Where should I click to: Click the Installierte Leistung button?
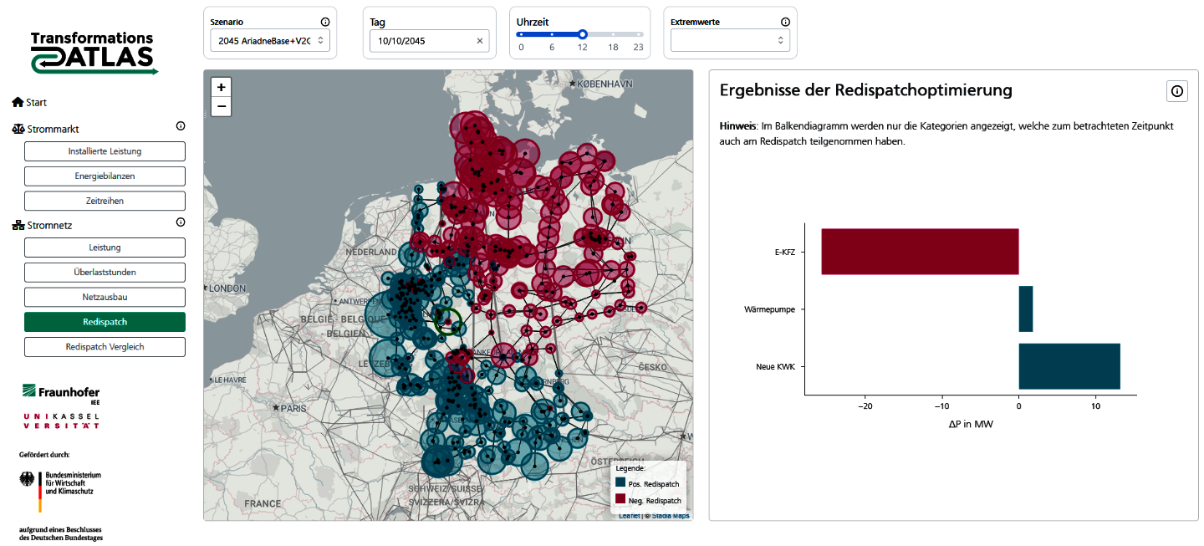click(105, 151)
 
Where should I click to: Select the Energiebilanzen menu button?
click(105, 176)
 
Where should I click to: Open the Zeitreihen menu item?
click(105, 201)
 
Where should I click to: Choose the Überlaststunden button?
click(105, 272)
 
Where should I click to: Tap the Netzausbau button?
click(105, 297)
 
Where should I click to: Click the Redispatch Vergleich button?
click(105, 346)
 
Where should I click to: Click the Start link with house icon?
click(30, 102)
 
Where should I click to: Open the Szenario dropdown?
click(269, 40)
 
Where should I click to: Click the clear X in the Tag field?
click(480, 40)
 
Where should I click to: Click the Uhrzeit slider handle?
click(583, 34)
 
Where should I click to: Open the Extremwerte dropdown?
click(730, 40)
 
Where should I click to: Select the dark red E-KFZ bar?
click(920, 252)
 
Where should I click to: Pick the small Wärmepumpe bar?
click(1026, 309)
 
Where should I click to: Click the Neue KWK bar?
click(1069, 366)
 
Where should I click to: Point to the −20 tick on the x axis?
click(865, 406)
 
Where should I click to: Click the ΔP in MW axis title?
click(971, 424)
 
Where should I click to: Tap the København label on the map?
click(602, 84)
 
